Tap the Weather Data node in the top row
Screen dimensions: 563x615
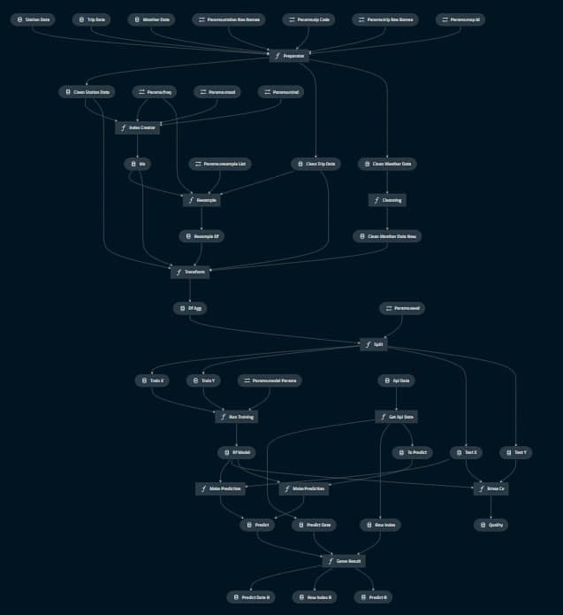151,19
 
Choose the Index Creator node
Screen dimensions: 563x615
137,127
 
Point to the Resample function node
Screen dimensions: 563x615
202,200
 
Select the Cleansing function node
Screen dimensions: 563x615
387,200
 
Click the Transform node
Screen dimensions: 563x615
189,273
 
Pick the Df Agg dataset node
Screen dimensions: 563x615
189,308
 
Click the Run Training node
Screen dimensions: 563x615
236,416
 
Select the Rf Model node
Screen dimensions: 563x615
236,452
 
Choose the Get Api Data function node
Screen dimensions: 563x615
397,416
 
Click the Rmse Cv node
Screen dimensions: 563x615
491,488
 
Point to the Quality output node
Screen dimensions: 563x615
491,525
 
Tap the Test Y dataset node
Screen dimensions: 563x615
514,452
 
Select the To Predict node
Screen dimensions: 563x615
412,452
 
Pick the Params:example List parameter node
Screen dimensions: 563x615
221,164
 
